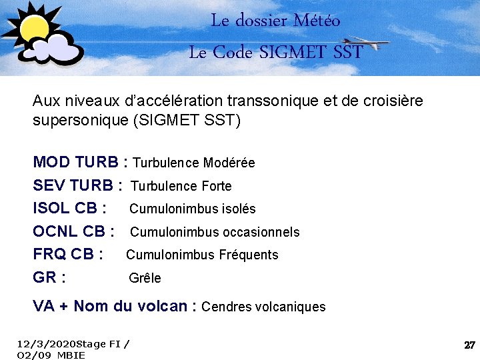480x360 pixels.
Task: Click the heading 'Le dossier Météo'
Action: click(x=275, y=21)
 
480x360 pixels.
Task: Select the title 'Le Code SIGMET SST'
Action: click(x=275, y=52)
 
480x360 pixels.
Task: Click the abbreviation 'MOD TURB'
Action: click(x=75, y=162)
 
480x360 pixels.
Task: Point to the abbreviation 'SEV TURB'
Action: click(x=73, y=185)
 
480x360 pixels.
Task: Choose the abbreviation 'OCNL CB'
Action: click(x=69, y=231)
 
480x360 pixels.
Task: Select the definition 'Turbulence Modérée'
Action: click(x=194, y=163)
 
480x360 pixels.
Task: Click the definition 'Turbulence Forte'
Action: click(x=181, y=186)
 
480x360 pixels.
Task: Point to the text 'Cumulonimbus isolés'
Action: click(x=192, y=209)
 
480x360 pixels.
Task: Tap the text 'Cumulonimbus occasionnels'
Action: click(x=215, y=232)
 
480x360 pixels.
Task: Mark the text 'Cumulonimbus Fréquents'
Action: click(x=202, y=255)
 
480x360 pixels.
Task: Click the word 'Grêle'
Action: click(x=145, y=278)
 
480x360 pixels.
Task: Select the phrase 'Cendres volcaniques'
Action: click(x=263, y=307)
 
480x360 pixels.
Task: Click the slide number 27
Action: click(x=469, y=345)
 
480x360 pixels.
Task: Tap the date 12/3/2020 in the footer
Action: click(x=47, y=344)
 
